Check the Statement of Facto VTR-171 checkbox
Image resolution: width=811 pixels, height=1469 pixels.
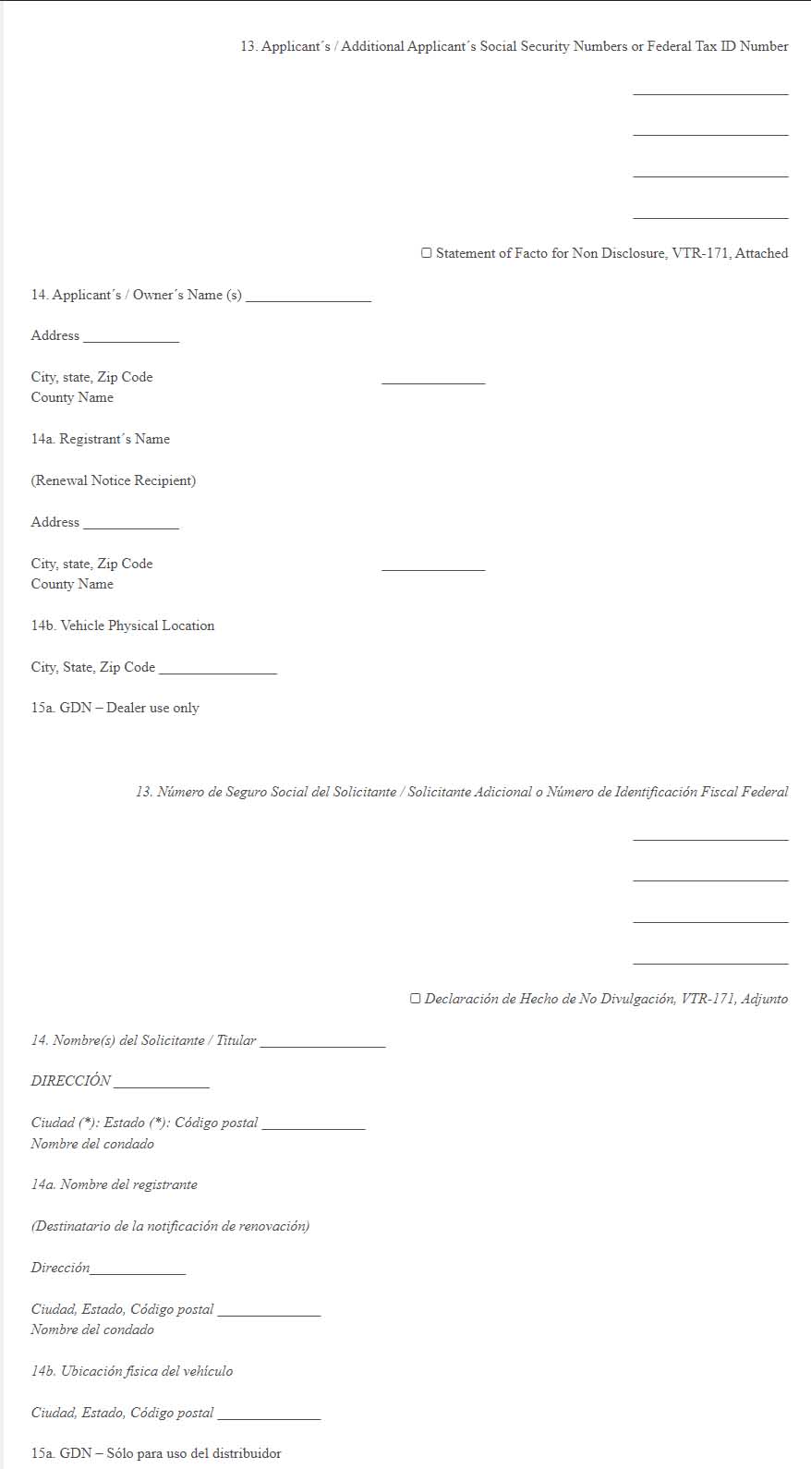[x=427, y=253]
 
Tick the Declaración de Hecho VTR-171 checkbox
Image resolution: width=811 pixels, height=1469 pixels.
[x=416, y=999]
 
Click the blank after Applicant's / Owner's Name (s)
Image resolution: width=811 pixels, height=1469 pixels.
[x=309, y=297]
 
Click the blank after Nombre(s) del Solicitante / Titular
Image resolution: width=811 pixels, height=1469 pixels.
[x=322, y=1042]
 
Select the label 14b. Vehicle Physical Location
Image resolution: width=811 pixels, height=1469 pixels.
[x=123, y=625]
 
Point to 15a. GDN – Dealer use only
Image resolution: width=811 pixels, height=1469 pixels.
[x=115, y=708]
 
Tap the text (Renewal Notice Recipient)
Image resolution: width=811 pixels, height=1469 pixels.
[x=114, y=480]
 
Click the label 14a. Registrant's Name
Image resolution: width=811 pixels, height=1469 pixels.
[x=101, y=439]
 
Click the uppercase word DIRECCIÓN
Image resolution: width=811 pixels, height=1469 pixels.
[x=71, y=1081]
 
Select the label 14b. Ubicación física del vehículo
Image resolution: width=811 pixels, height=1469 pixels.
[x=132, y=1371]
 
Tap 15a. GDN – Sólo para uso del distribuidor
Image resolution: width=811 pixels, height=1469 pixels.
[x=156, y=1453]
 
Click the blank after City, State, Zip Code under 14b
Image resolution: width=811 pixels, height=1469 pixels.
[x=217, y=669]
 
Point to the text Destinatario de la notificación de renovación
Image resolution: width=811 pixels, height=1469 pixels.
[x=171, y=1226]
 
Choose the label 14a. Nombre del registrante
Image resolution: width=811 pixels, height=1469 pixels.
[x=115, y=1184]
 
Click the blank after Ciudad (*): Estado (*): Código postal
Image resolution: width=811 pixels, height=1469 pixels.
[x=313, y=1124]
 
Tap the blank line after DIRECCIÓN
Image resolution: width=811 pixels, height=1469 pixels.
[x=161, y=1083]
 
